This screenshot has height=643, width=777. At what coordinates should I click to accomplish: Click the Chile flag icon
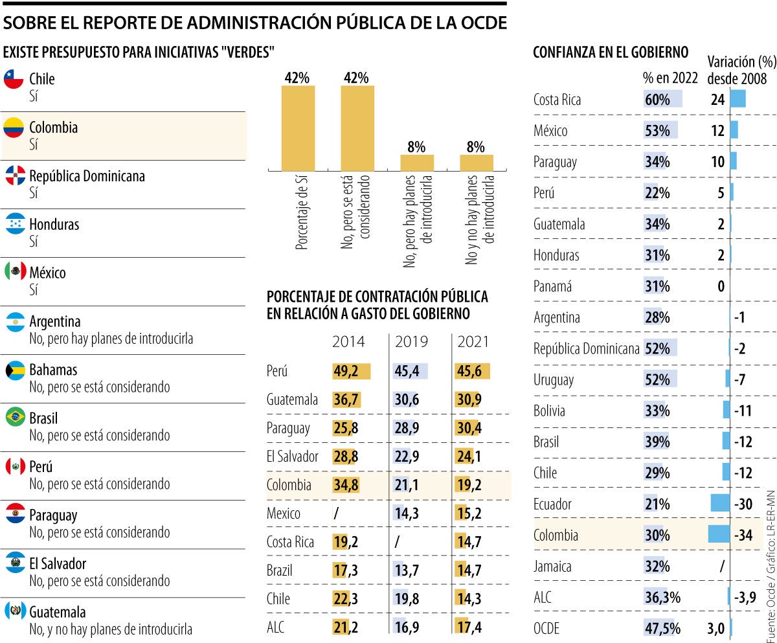click(x=14, y=79)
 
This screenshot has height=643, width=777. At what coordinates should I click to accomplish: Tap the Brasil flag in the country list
click(x=14, y=418)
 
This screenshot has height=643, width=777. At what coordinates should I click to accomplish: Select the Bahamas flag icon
click(x=14, y=370)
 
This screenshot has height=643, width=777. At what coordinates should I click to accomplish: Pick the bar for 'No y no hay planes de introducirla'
click(x=477, y=163)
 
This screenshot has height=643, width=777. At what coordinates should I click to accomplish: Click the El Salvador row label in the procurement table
click(x=292, y=457)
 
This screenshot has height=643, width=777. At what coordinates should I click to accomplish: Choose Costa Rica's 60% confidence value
click(x=658, y=99)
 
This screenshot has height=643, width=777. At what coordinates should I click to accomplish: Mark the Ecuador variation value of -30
click(x=743, y=504)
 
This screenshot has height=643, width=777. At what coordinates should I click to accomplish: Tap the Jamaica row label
click(x=552, y=567)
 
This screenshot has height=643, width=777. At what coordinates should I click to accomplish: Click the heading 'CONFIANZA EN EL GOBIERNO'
click(x=610, y=53)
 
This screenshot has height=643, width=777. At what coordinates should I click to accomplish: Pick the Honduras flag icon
click(x=14, y=225)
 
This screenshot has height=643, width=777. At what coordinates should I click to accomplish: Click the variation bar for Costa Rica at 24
click(x=738, y=99)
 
